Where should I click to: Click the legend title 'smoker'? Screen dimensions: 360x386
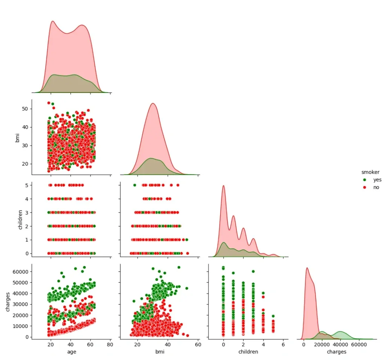(x=370, y=172)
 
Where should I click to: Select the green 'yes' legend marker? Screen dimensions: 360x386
(x=364, y=180)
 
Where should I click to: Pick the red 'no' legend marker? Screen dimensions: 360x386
(x=364, y=188)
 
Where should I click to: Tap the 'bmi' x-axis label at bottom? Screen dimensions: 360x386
(x=159, y=352)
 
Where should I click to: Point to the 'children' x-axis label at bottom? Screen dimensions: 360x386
(x=248, y=352)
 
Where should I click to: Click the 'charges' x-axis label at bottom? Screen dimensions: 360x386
(x=337, y=352)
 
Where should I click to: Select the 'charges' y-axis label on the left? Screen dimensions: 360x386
(x=8, y=302)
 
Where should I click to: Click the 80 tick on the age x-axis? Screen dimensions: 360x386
(x=110, y=344)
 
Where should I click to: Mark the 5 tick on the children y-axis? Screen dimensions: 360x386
(x=26, y=185)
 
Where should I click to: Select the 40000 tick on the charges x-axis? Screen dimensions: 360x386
(x=340, y=344)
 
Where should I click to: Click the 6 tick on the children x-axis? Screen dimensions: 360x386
(x=283, y=344)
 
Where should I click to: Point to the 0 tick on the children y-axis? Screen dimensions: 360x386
(x=26, y=253)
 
